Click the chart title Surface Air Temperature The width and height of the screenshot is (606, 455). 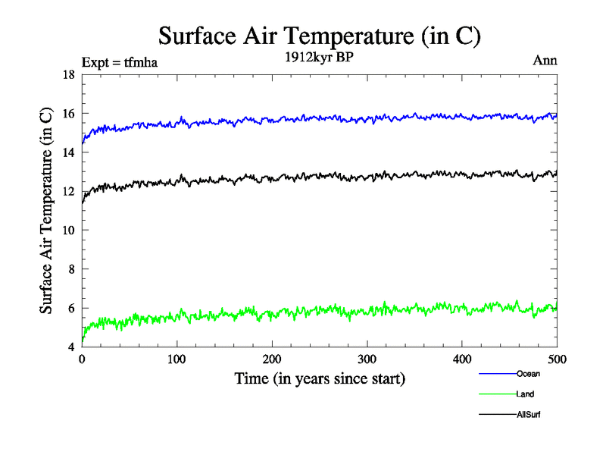(319, 36)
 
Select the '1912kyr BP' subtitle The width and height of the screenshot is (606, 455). (319, 57)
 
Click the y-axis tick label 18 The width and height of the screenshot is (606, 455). (68, 74)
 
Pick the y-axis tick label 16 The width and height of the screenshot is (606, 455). (68, 114)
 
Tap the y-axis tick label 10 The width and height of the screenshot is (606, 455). (68, 231)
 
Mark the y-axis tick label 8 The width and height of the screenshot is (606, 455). (70, 269)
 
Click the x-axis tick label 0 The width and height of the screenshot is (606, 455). (82, 359)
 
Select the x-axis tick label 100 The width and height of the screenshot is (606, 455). (176, 359)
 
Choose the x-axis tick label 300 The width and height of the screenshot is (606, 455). (367, 359)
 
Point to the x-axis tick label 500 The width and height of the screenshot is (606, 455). (557, 359)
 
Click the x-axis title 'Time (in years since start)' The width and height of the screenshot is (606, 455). (319, 378)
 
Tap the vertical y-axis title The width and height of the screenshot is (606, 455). (47, 211)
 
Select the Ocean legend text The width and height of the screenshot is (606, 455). (528, 374)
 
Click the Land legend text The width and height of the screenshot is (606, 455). (526, 394)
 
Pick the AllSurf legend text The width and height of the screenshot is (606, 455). (529, 415)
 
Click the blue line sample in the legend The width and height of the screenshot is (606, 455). (497, 374)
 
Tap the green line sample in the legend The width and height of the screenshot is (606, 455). (497, 394)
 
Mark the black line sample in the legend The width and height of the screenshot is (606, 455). (497, 415)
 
